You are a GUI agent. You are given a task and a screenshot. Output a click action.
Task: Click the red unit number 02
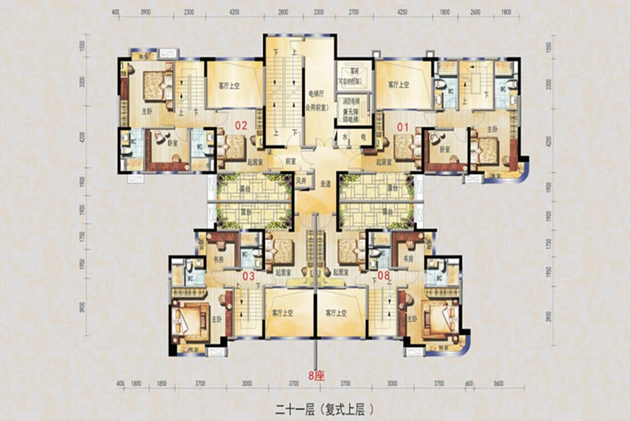pyautogui.click(x=241, y=127)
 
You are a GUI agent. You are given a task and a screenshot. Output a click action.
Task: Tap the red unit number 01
pyautogui.click(x=402, y=127)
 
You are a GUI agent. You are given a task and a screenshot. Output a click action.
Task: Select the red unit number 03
pyautogui.click(x=247, y=276)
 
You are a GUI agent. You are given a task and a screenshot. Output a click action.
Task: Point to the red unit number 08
pyautogui.click(x=384, y=276)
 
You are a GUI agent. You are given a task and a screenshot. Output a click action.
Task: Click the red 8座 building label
pyautogui.click(x=317, y=376)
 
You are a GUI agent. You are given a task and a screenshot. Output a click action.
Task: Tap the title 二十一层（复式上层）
pyautogui.click(x=316, y=407)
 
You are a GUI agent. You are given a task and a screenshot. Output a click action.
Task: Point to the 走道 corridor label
pyautogui.click(x=325, y=183)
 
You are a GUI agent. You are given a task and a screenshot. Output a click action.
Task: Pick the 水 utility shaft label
pyautogui.click(x=346, y=138)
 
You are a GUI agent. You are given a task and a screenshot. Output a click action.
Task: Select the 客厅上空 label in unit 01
pyautogui.click(x=399, y=85)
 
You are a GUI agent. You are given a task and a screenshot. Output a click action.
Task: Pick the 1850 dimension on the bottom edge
pyautogui.click(x=162, y=385)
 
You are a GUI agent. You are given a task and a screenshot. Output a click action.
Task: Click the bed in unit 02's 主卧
pyautogui.click(x=154, y=85)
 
